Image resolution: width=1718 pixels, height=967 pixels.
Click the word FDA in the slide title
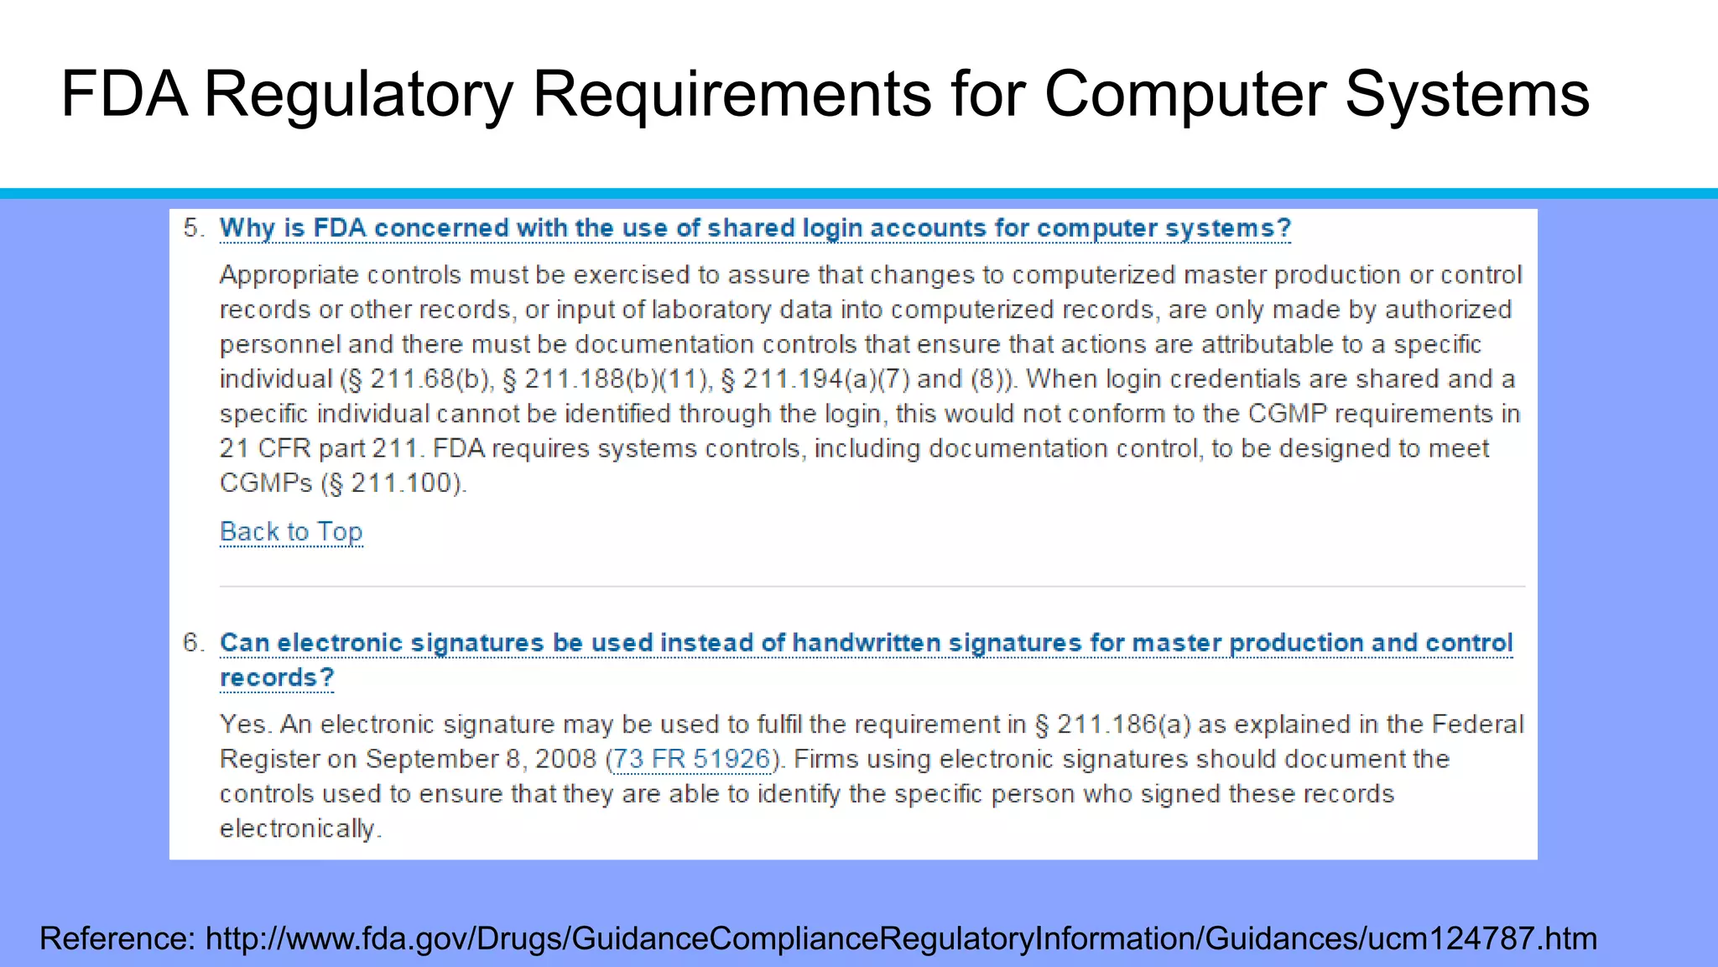pos(124,94)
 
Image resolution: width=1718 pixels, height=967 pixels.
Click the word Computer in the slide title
pos(1184,94)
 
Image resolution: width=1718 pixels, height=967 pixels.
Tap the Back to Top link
pos(291,531)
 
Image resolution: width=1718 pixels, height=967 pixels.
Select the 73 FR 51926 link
pos(691,759)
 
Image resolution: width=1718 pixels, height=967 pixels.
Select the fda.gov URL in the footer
pos(901,938)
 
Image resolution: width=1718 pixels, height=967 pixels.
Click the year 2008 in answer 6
pos(565,759)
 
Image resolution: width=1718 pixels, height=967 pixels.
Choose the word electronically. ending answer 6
pos(300,828)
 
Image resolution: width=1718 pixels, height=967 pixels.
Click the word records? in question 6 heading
pos(277,677)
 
